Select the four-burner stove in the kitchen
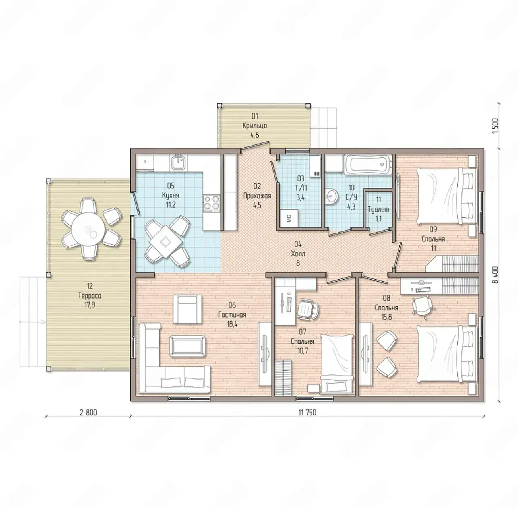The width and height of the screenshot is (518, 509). point(212,202)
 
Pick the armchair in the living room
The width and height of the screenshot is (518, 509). point(187,309)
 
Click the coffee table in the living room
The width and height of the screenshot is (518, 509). point(188,345)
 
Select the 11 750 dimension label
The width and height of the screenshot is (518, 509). point(307,420)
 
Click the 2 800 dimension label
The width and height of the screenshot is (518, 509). point(88,420)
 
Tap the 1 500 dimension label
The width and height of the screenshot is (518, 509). point(496,125)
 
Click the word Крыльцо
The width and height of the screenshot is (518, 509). point(255,125)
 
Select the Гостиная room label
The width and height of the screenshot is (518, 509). point(232,315)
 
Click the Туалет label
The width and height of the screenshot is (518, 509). point(378,209)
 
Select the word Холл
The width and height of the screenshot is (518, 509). point(298,254)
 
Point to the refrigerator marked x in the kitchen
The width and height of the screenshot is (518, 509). point(145,161)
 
